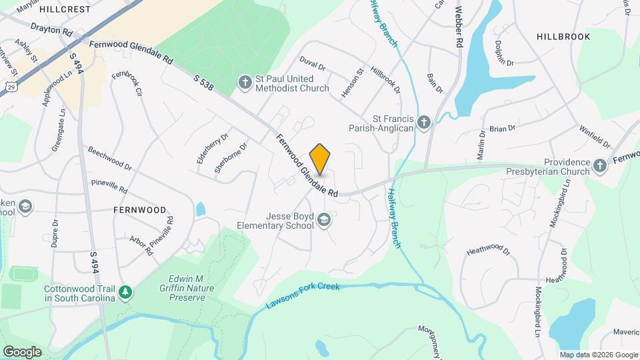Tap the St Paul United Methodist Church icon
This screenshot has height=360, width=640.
245,83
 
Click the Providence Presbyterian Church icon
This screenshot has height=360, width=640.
600,166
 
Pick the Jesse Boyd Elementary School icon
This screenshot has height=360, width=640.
324,220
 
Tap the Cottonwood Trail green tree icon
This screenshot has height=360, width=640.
125,292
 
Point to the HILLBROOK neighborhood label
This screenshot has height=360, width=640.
563,37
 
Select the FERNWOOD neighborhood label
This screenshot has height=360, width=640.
139,209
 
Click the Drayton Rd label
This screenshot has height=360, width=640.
51,30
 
